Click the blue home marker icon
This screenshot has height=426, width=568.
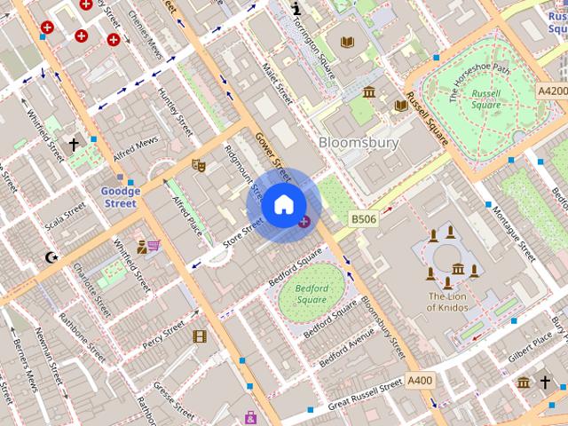pyautogui.click(x=282, y=205)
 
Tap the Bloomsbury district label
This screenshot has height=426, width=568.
pyautogui.click(x=359, y=142)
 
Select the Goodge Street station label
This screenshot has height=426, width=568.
pyautogui.click(x=120, y=197)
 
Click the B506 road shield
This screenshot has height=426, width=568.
pyautogui.click(x=362, y=218)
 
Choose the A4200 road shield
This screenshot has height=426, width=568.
pyautogui.click(x=552, y=91)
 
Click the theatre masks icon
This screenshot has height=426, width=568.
pyautogui.click(x=199, y=164)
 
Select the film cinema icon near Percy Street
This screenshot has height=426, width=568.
pyautogui.click(x=200, y=336)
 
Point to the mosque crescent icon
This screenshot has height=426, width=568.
pyautogui.click(x=51, y=257)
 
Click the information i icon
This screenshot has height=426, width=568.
pyautogui.click(x=296, y=8)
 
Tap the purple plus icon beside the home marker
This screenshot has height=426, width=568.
pyautogui.click(x=304, y=221)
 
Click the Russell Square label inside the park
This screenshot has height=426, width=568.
pyautogui.click(x=485, y=99)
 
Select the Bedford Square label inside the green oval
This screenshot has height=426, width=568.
pyautogui.click(x=312, y=294)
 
